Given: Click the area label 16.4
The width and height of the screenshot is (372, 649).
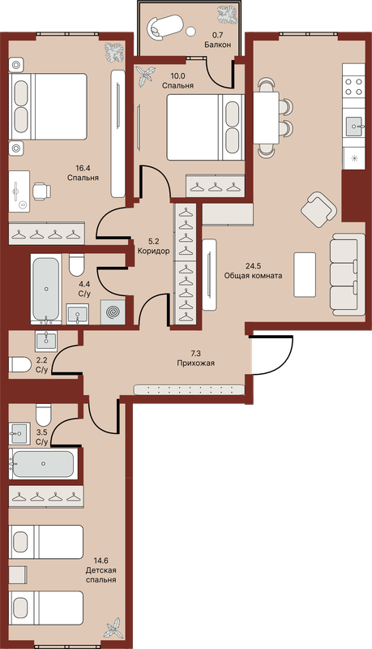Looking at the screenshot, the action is [x=83, y=168].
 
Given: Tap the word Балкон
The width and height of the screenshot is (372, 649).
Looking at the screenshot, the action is [x=217, y=45].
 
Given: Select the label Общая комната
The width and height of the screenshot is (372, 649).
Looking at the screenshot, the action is [x=253, y=275].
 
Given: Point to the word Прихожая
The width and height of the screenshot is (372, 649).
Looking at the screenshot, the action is [x=196, y=363].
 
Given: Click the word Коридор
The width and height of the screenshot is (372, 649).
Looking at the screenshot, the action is [x=153, y=251].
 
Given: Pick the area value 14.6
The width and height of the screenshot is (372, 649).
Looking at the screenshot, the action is [x=100, y=561].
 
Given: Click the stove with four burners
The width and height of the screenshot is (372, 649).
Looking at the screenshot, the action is [x=353, y=87].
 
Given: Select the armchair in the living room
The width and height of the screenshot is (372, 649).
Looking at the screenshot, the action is [x=319, y=209].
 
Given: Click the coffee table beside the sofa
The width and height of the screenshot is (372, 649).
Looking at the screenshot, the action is [x=305, y=274].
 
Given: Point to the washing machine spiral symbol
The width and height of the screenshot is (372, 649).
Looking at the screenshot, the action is [x=113, y=312].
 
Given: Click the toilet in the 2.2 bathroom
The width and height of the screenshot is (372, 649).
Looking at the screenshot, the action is [x=20, y=364].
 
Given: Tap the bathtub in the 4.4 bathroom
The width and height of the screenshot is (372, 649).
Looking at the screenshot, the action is [x=46, y=289].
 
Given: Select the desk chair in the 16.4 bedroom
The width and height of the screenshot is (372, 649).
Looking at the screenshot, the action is [x=42, y=191].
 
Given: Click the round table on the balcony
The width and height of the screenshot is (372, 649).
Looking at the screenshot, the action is [x=190, y=31].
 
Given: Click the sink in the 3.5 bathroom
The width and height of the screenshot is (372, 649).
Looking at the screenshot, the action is [x=19, y=433].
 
